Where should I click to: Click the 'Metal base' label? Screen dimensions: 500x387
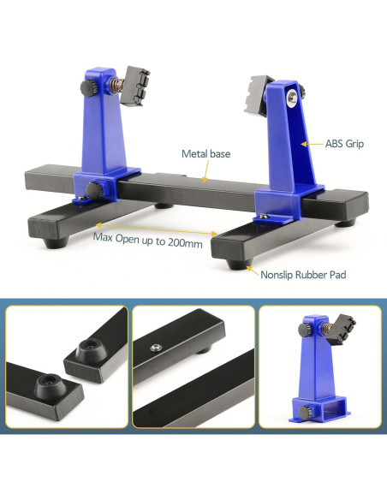click(x=206, y=154)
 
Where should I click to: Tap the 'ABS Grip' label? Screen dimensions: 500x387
click(x=344, y=144)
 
